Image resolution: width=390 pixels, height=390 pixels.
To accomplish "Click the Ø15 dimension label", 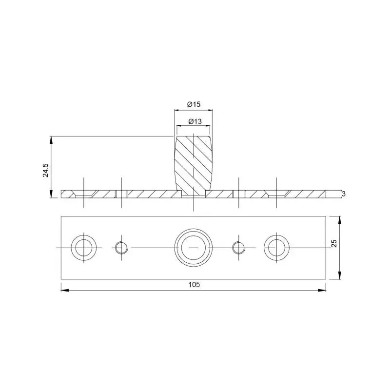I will coord(194,104).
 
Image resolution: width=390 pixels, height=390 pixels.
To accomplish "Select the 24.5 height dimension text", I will coord(46,170).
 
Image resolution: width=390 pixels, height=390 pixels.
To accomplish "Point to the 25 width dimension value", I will coord(334,243).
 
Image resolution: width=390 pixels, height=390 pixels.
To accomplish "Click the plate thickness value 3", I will coord(344,194).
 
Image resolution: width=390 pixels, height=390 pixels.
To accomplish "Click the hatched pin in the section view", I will coord(194,163).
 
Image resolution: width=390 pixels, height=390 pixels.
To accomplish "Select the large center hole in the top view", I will coord(194,248).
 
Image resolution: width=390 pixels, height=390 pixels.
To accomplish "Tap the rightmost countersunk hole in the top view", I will coord(276,248).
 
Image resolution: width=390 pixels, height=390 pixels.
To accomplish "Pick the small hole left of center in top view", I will coord(121,248).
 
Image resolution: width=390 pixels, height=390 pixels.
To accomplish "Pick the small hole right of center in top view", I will coord(238,248).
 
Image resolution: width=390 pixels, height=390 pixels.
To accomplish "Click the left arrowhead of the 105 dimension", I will coord(64,291).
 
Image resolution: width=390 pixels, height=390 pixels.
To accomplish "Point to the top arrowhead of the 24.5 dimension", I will coord(51,139).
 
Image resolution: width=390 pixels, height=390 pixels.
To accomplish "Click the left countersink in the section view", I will coord(84,195).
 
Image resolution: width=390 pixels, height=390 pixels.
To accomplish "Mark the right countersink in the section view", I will coord(276,195).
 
